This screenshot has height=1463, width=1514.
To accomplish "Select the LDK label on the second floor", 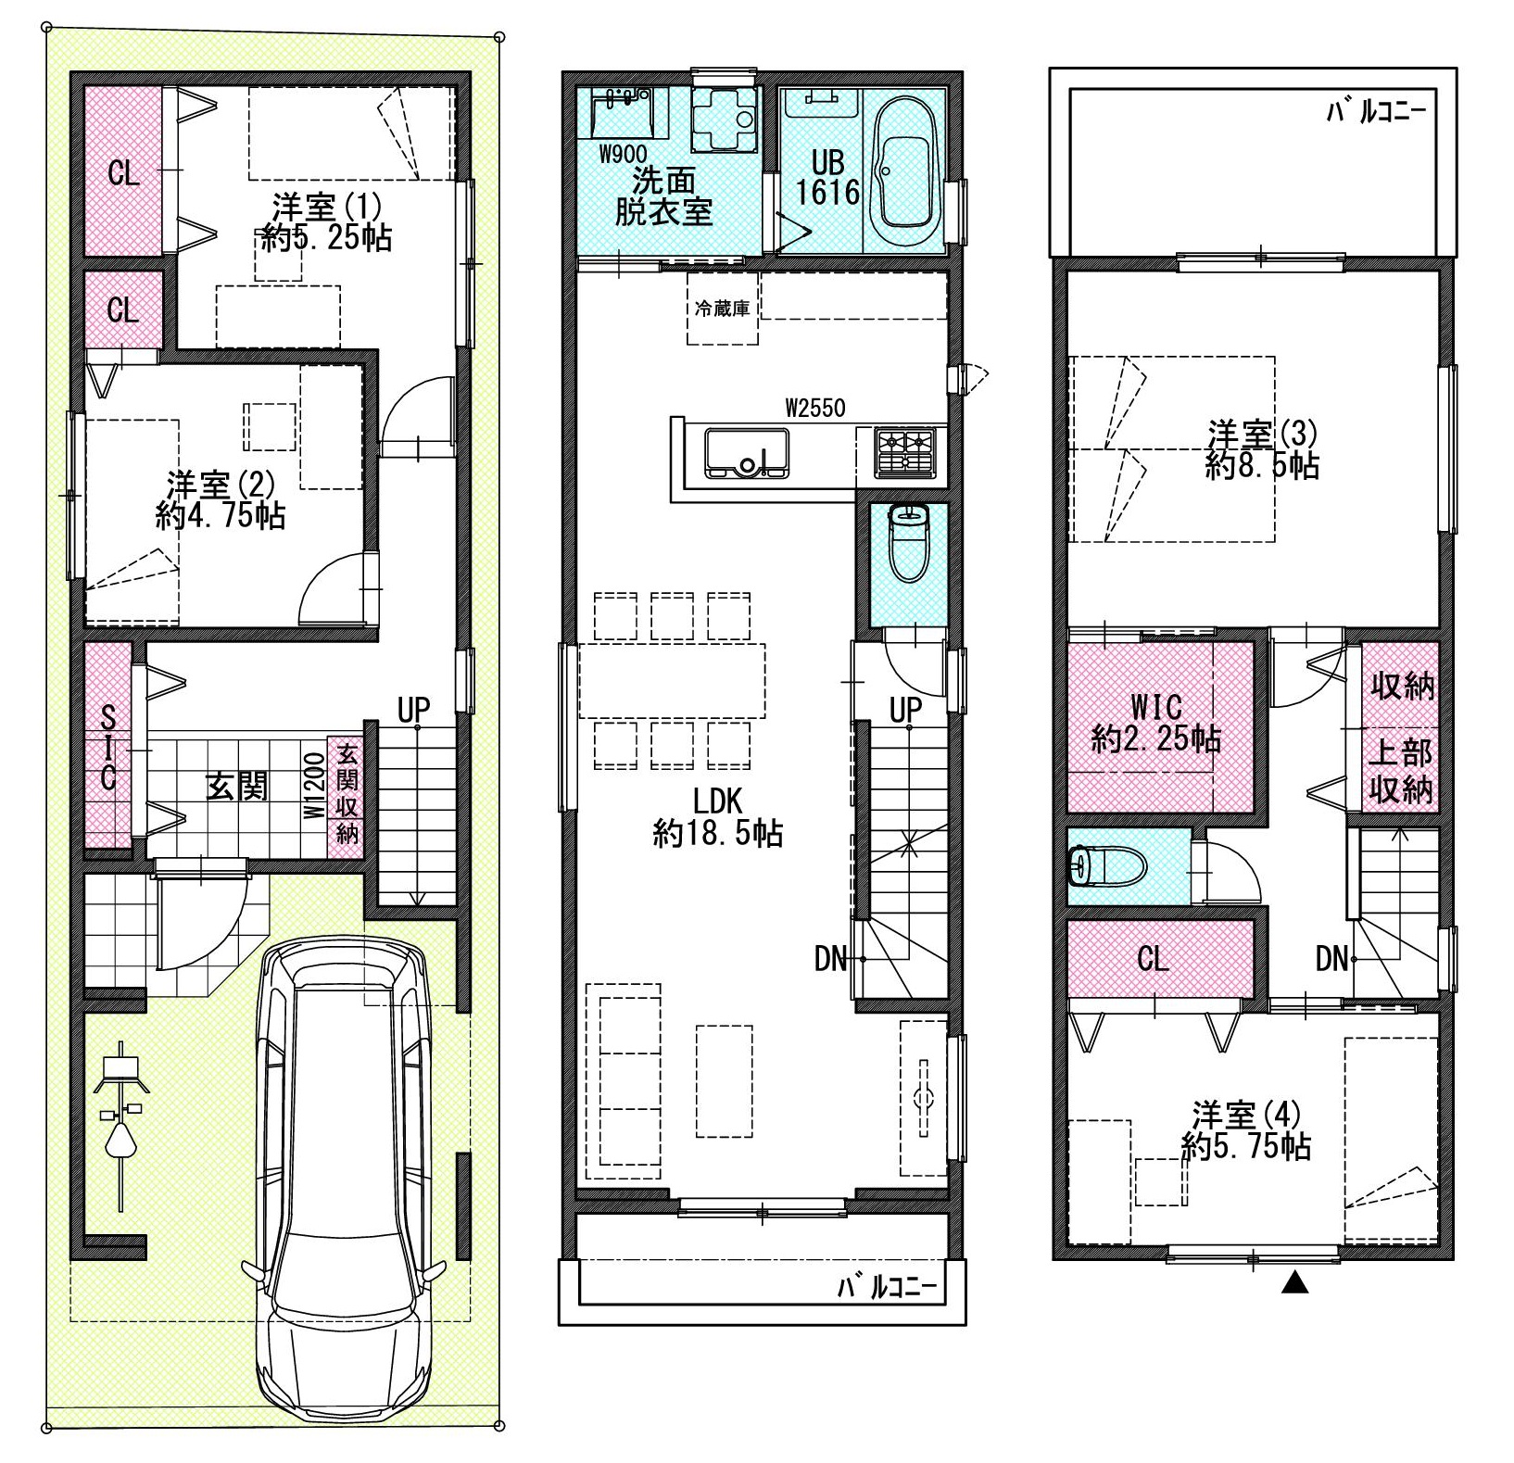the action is click(x=718, y=800).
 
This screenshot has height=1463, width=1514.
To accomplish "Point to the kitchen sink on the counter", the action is click(x=748, y=453).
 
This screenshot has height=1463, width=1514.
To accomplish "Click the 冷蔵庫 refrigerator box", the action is click(x=722, y=309).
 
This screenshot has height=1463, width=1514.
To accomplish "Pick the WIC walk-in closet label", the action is click(x=1156, y=707).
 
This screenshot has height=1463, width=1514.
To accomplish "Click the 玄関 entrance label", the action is click(x=237, y=786).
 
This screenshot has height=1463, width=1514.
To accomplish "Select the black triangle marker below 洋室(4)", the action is click(x=1295, y=1284).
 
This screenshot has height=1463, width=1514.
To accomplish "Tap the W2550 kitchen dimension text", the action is click(x=815, y=407).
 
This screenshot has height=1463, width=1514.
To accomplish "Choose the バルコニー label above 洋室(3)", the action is click(x=1376, y=112).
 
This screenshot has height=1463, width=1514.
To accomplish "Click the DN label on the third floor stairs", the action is click(x=1331, y=958).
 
